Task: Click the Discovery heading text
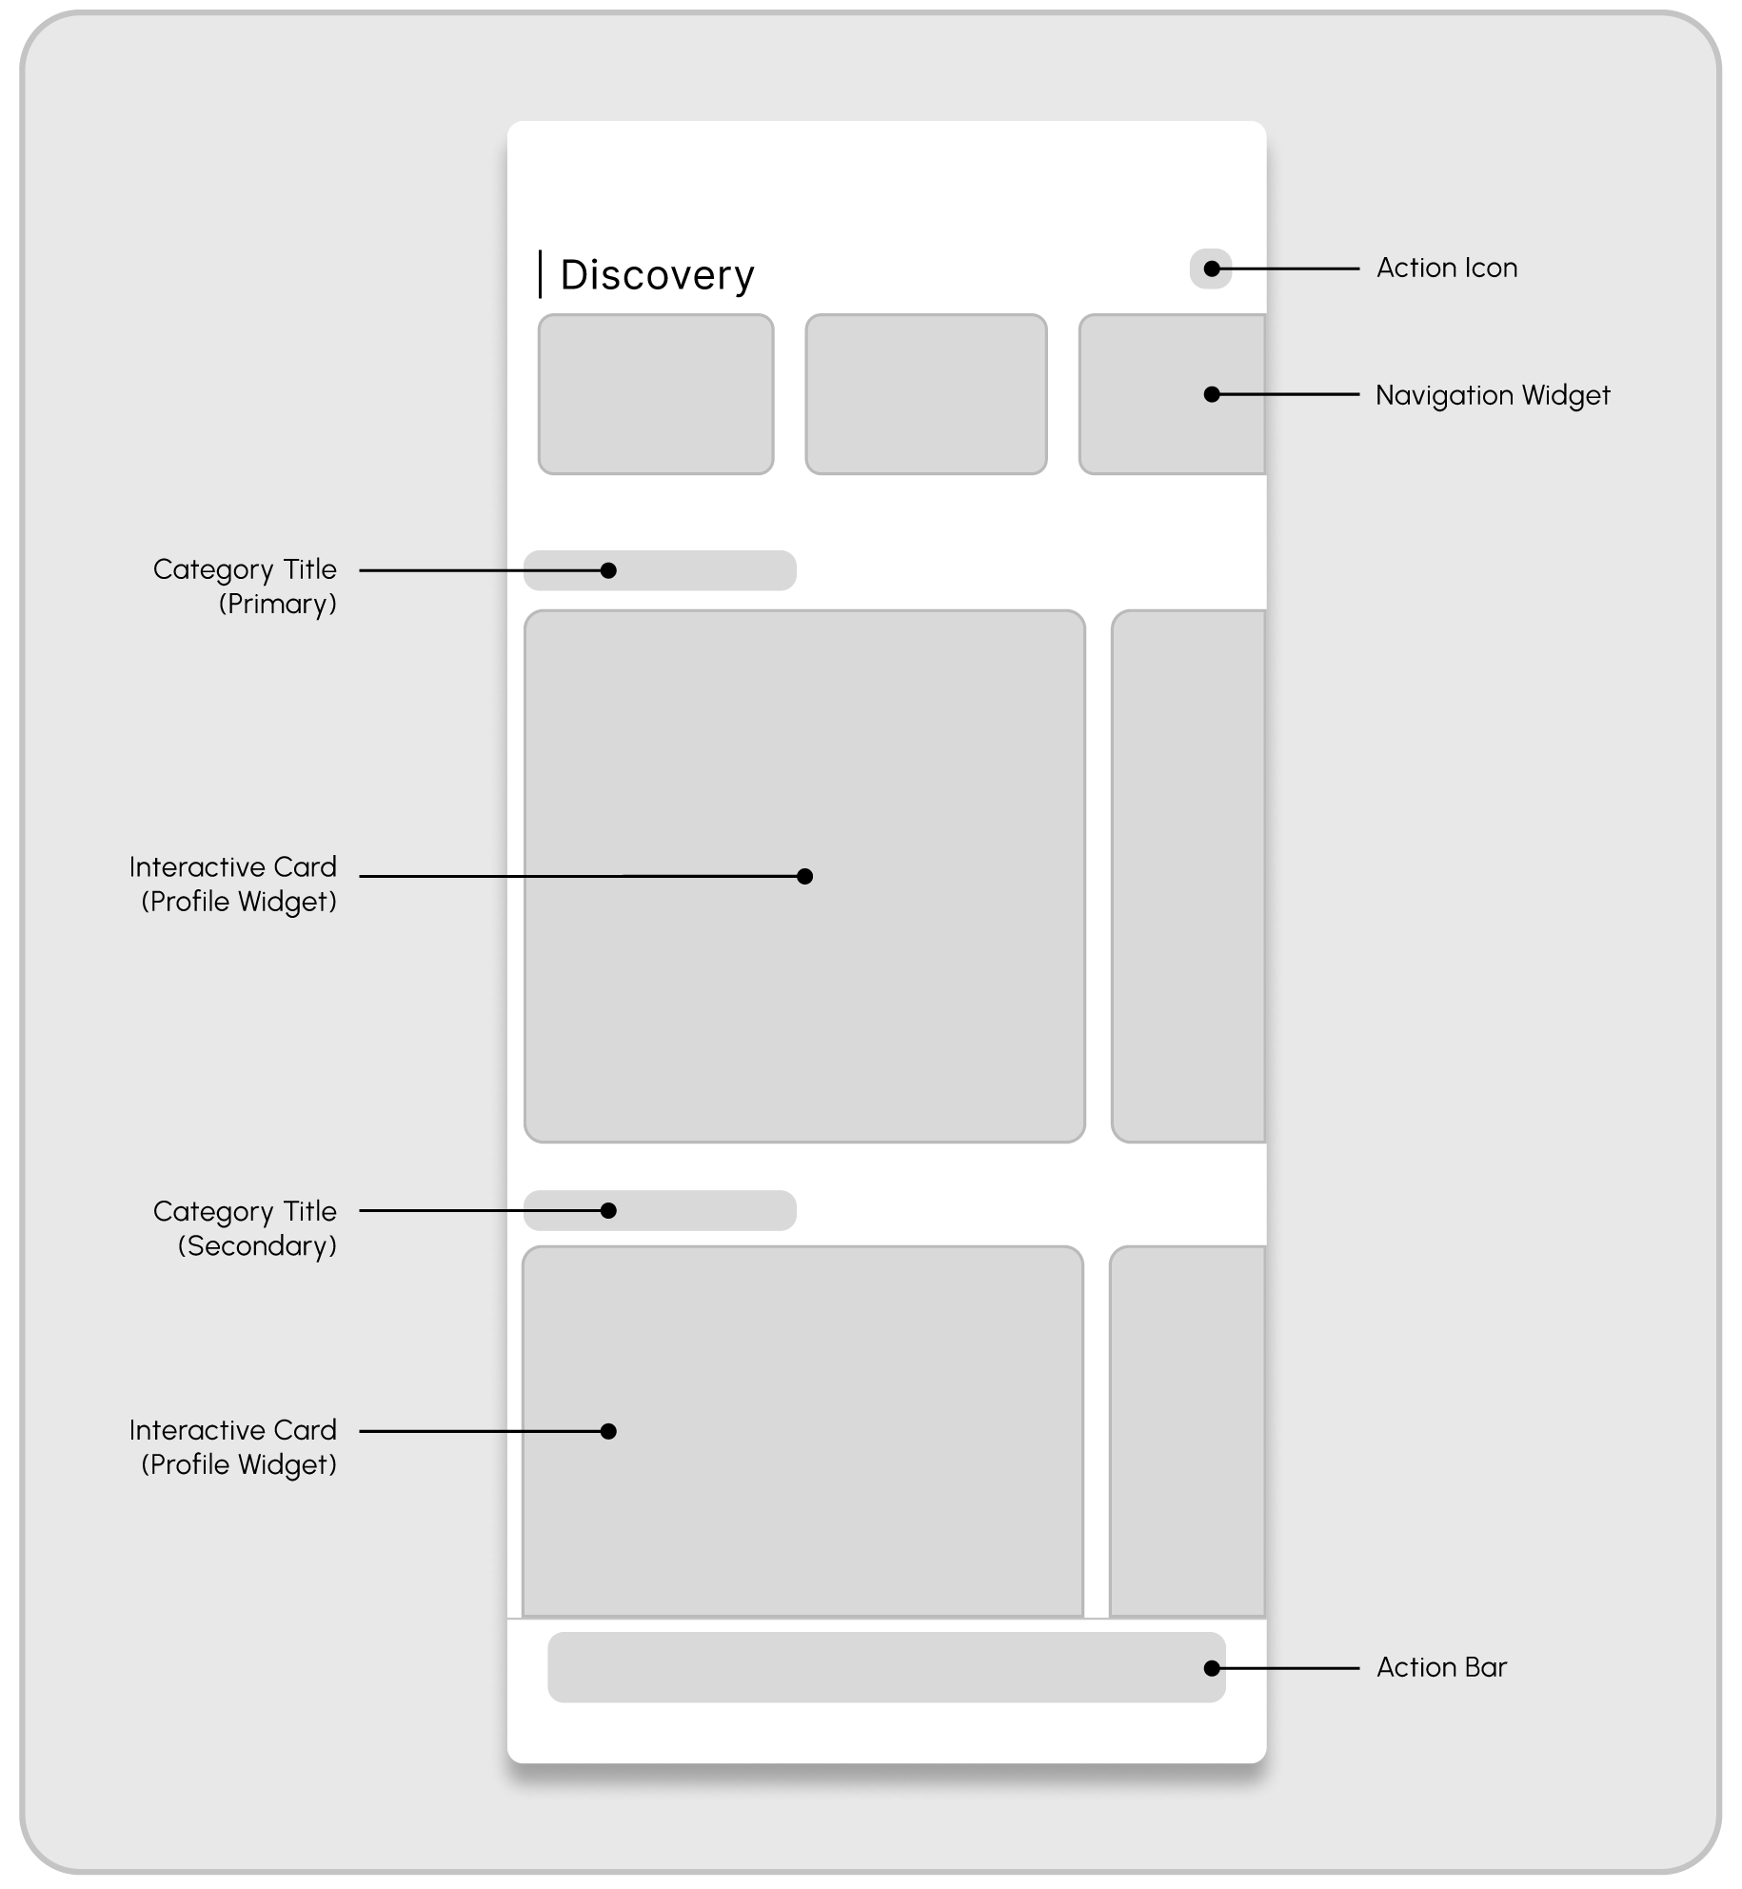point(657,275)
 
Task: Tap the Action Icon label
point(1446,268)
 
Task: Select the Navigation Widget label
point(1492,395)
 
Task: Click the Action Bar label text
point(1441,1667)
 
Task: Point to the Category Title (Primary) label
point(245,586)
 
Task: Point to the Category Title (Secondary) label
point(245,1227)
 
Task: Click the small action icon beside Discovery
point(1210,268)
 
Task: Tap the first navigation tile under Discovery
point(656,394)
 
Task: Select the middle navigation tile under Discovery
point(925,394)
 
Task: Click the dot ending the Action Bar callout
point(1211,1668)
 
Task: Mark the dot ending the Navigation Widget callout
point(1211,394)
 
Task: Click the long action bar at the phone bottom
point(885,1668)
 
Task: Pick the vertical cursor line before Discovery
point(540,274)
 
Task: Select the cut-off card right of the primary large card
point(1188,876)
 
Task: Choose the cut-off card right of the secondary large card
point(1187,1430)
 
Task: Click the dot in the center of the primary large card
point(804,876)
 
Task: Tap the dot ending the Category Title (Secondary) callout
point(608,1210)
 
